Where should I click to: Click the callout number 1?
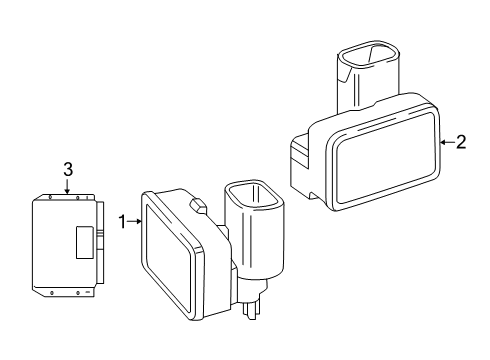(123, 222)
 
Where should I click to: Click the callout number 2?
(461, 142)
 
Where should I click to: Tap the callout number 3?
(68, 170)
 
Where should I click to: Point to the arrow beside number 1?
(135, 221)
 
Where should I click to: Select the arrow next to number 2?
(447, 142)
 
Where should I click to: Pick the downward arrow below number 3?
(68, 186)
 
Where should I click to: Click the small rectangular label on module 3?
(85, 242)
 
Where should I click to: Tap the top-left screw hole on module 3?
(50, 197)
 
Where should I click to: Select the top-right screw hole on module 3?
(78, 198)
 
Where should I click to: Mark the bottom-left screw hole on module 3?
(51, 293)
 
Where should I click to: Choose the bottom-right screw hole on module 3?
(78, 293)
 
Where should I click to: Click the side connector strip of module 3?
(100, 243)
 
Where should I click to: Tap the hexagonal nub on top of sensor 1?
(198, 206)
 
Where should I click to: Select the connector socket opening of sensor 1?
(254, 195)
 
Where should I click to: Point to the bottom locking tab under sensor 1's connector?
(251, 309)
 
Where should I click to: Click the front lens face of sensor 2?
(386, 158)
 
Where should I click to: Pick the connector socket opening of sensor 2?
(368, 55)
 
